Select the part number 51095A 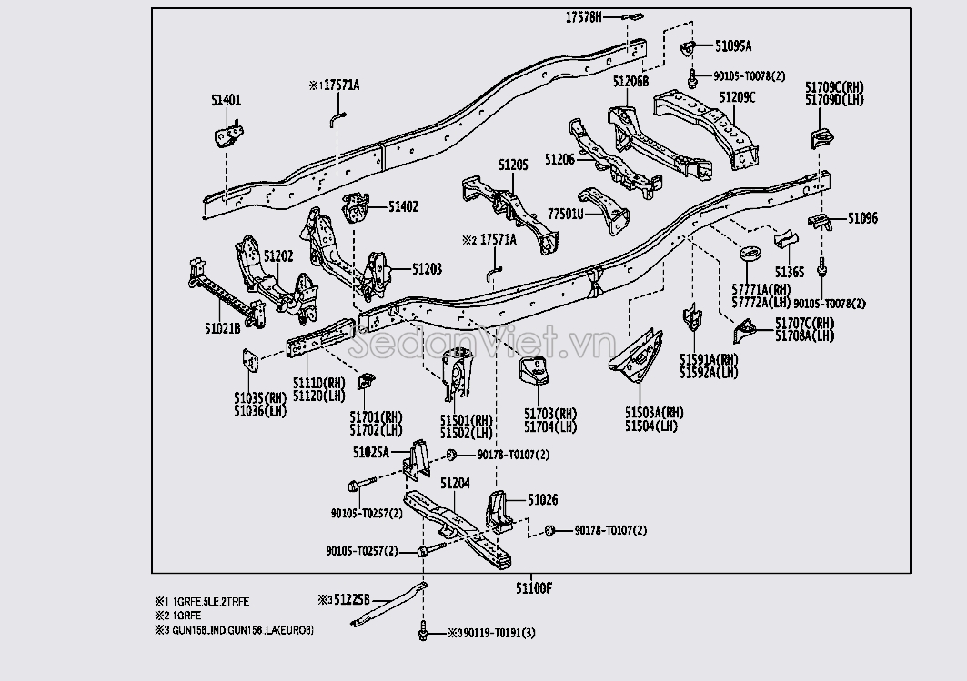pos(733,45)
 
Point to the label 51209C pos(737,97)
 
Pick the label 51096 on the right pos(862,218)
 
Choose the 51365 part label pos(789,272)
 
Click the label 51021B pos(222,327)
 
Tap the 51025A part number pos(371,452)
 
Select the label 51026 pos(543,500)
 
